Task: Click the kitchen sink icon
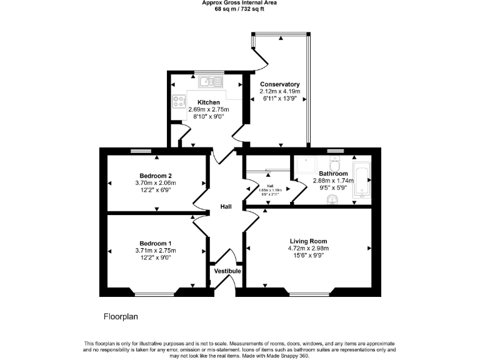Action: pyautogui.click(x=209, y=81)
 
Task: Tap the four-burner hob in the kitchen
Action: pyautogui.click(x=175, y=100)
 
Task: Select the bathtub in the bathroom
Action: pyautogui.click(x=362, y=181)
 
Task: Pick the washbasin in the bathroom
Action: pyautogui.click(x=333, y=199)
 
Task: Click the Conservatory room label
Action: pyautogui.click(x=280, y=84)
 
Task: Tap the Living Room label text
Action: pyautogui.click(x=308, y=241)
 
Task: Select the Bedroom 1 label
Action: pyautogui.click(x=155, y=243)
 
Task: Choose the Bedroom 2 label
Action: pyautogui.click(x=156, y=176)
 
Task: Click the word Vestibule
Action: pyautogui.click(x=227, y=271)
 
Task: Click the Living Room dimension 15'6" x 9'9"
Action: pyautogui.click(x=308, y=256)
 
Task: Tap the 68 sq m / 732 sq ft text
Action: pyautogui.click(x=239, y=9)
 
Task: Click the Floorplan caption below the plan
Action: pyautogui.click(x=120, y=317)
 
